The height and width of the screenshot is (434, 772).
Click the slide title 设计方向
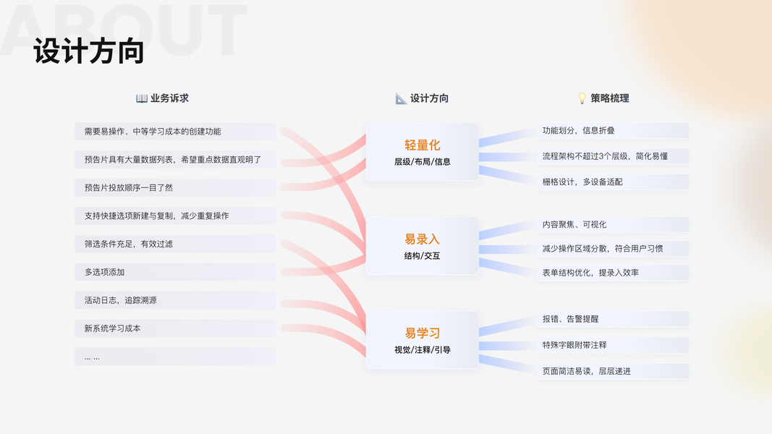point(89,52)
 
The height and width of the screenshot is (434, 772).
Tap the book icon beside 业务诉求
point(142,98)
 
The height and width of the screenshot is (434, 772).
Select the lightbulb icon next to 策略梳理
point(582,98)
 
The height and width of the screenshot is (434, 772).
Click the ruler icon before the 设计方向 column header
point(401,98)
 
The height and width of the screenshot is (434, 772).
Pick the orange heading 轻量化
point(422,145)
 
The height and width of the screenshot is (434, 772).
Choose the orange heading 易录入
point(422,239)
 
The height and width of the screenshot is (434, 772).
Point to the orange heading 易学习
point(422,333)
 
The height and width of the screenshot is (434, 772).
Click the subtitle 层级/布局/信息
point(422,162)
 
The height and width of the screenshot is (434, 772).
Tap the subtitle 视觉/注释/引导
point(422,350)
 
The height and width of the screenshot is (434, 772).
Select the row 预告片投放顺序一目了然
point(129,188)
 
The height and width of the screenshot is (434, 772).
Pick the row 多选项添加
point(105,273)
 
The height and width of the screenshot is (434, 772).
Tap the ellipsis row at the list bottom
point(93,357)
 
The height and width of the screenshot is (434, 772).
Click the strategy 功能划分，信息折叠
point(579,131)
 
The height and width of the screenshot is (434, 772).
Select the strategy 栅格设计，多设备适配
point(582,182)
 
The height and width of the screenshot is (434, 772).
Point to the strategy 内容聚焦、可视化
point(574,225)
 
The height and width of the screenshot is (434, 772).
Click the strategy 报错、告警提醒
point(570,319)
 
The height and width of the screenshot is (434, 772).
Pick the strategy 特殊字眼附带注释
point(574,345)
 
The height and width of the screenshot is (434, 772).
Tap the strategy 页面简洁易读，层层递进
point(587,371)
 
